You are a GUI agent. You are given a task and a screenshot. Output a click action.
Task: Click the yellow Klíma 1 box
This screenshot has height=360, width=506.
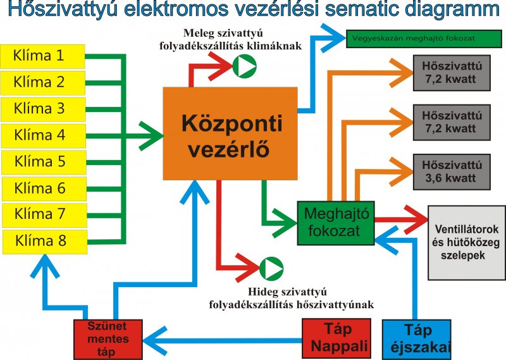[x=42, y=56]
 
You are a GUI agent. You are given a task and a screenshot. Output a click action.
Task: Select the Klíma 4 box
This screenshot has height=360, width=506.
[x=44, y=136]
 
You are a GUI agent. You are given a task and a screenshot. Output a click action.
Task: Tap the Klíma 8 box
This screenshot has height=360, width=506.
[x=45, y=242]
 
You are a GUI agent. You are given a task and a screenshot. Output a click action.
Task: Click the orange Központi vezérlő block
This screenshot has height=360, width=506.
[x=230, y=133]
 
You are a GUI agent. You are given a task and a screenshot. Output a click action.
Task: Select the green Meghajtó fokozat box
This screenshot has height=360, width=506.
[x=336, y=223]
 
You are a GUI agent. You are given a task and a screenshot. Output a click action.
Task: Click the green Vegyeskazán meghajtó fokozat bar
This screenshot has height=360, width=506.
[x=424, y=39]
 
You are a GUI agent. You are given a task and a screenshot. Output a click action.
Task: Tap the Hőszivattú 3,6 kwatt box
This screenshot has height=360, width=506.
[x=452, y=171]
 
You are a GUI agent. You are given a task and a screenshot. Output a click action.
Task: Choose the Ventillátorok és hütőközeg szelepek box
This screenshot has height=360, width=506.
[x=467, y=242]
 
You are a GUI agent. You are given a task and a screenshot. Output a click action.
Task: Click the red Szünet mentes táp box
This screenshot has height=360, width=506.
[x=108, y=339]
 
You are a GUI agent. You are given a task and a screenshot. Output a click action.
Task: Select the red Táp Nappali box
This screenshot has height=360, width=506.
[x=336, y=338]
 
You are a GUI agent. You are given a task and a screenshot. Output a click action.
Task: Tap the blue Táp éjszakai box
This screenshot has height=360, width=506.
[x=417, y=340]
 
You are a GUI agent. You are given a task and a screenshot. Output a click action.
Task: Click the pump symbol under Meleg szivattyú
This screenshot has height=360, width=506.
[x=245, y=66]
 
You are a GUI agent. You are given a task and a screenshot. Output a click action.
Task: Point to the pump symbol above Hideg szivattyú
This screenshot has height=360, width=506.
[x=271, y=269]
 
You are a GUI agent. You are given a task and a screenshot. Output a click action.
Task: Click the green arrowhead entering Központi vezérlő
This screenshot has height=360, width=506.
[x=151, y=136]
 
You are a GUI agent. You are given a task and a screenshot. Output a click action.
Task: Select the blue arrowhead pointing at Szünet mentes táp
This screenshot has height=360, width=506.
[x=155, y=340]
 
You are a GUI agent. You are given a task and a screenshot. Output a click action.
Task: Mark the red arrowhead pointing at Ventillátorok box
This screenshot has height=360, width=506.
[x=416, y=220]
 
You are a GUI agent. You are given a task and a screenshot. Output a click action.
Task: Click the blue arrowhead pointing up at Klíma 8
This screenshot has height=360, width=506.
[x=45, y=266]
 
